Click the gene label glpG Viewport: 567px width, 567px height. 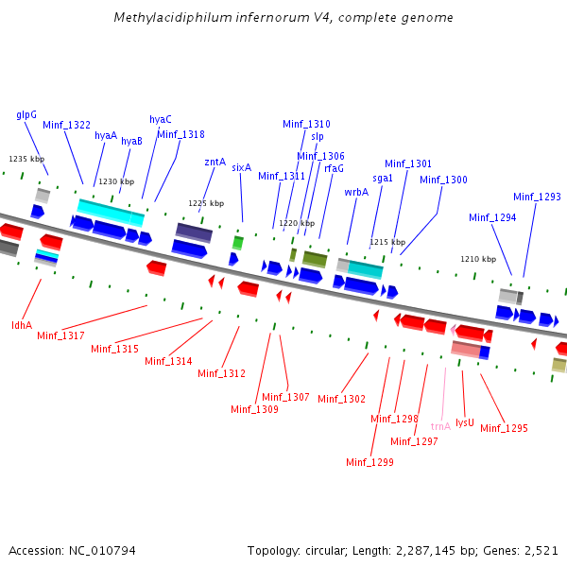26,114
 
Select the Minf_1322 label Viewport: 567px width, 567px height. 66,125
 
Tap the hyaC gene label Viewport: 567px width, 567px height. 161,119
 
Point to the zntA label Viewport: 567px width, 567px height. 215,162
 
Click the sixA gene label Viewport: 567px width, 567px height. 241,167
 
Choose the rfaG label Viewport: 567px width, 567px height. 334,168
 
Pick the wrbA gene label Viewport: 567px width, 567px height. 356,192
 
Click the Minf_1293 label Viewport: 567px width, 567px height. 537,197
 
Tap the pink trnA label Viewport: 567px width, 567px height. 440,426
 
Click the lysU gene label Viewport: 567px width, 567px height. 465,422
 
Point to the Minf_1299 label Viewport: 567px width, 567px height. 369,462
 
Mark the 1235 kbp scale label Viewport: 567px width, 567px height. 26,159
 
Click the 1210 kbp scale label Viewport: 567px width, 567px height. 478,258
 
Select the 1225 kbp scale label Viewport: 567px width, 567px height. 206,203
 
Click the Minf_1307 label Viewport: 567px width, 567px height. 285,397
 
